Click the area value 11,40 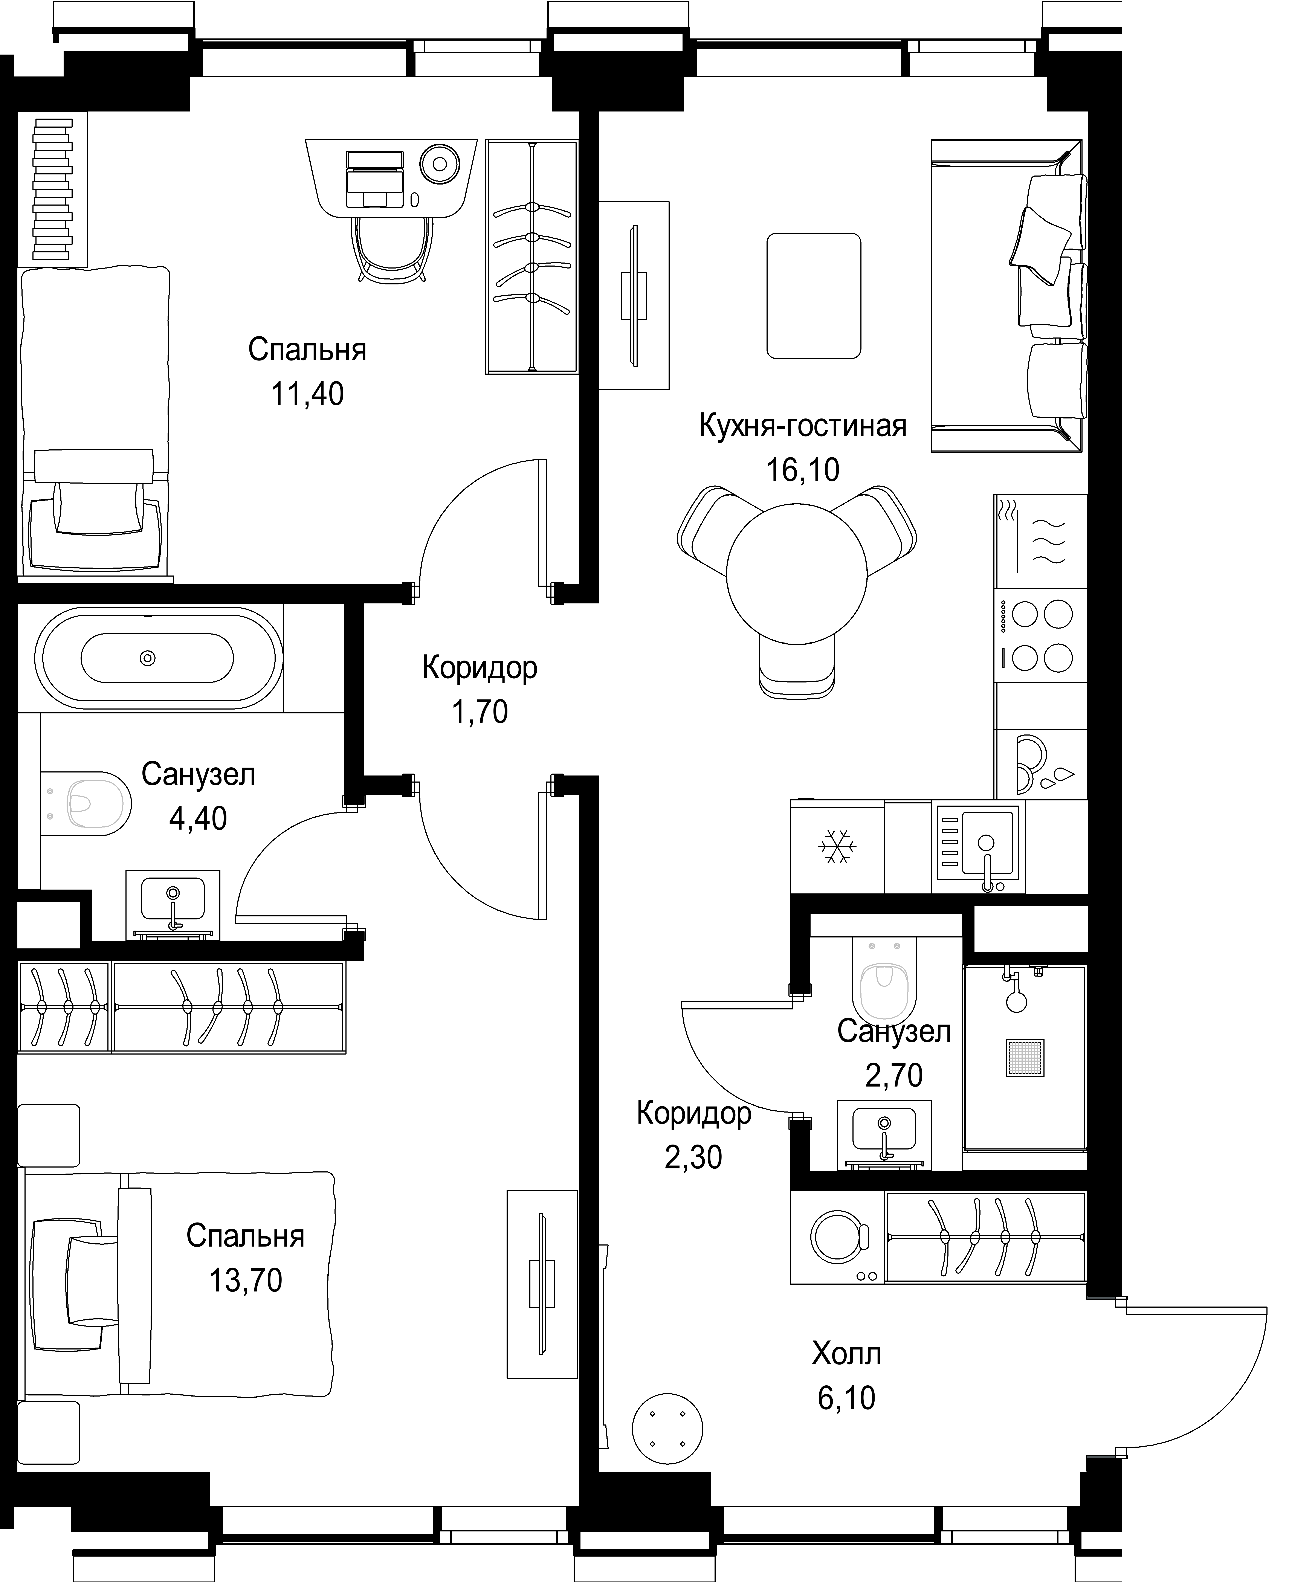[x=307, y=394]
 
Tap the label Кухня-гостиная [x=803, y=426]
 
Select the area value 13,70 [x=246, y=1280]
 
